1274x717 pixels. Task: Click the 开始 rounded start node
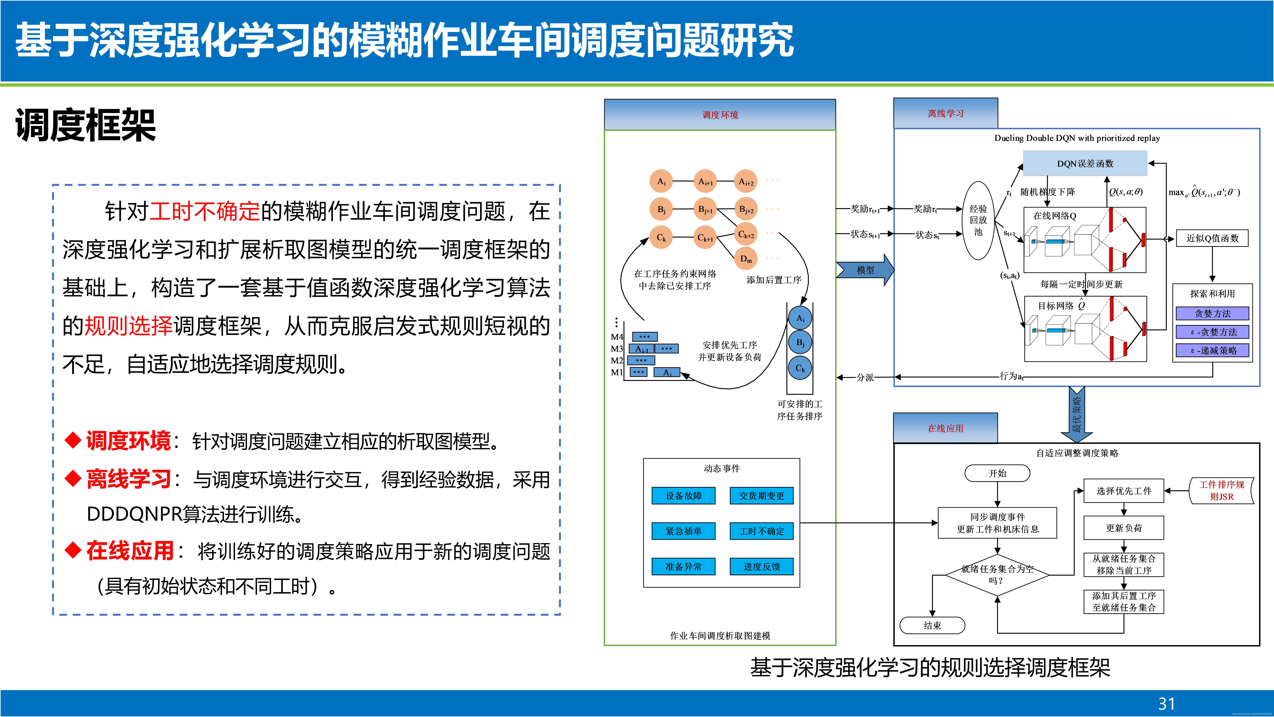coord(997,473)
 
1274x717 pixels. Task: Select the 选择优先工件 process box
coord(1124,491)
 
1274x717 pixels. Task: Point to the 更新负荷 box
coord(1124,528)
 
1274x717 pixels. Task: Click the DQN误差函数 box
coord(1085,163)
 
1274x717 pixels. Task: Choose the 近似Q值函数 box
coord(1212,238)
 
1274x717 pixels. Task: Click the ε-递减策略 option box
coord(1212,350)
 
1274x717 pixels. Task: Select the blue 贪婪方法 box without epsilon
coord(1212,313)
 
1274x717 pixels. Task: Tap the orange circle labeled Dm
coord(746,258)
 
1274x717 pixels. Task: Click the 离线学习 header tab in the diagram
coord(945,113)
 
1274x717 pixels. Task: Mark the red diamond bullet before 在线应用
coord(73,550)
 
